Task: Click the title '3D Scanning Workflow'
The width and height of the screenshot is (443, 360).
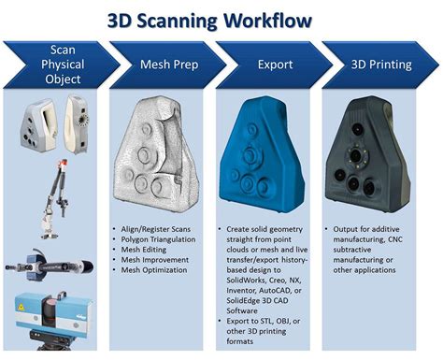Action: tap(221, 19)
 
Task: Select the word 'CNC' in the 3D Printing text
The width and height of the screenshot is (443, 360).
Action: tap(410, 238)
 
